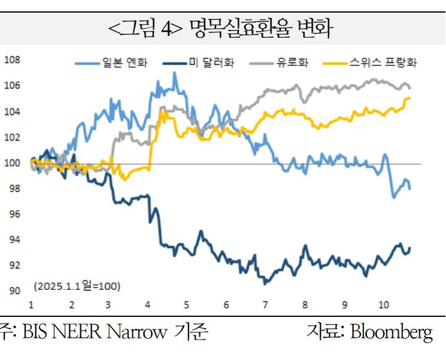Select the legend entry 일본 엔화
124,63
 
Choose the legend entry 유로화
292,63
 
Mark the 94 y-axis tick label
14,240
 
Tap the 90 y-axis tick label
14,291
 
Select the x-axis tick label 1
31,305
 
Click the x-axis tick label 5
186,305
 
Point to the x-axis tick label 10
383,305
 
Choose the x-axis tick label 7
264,305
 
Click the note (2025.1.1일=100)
77,286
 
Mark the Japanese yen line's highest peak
174,73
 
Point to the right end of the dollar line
410,248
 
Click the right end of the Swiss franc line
409,98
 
